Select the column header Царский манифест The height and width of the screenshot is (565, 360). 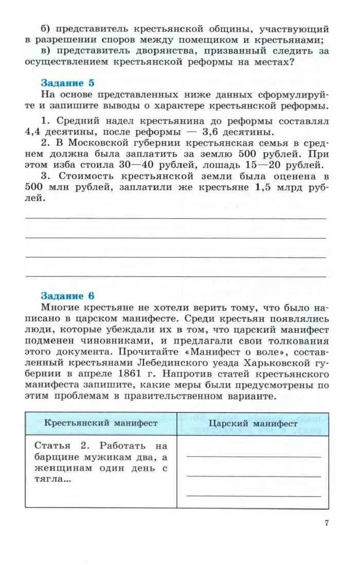click(x=253, y=423)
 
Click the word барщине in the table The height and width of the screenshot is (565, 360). click(x=57, y=456)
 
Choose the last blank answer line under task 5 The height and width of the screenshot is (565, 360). click(x=175, y=277)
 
